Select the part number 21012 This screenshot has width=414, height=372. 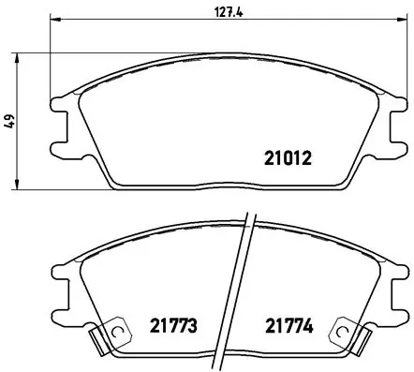point(285,158)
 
